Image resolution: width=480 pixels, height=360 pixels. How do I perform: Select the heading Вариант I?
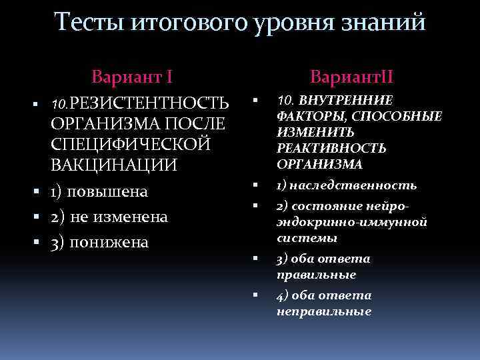coord(133,75)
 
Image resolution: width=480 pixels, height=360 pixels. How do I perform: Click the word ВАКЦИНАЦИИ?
coord(114,165)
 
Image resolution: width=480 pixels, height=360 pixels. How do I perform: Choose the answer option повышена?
coord(109,192)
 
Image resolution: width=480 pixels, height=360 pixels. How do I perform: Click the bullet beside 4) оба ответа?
coord(255,295)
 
